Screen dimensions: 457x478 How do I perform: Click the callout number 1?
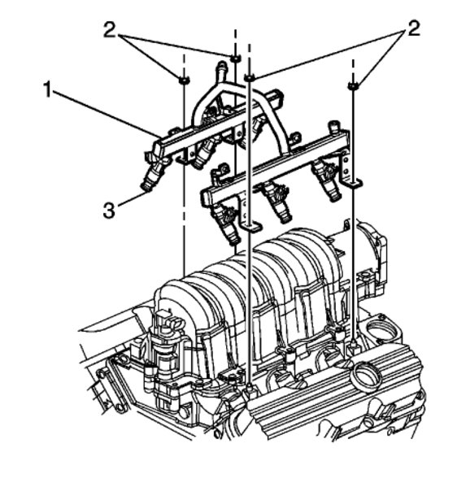[x=47, y=89]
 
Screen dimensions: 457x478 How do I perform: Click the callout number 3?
[x=109, y=211]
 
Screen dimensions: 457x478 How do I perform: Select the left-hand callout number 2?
[x=110, y=29]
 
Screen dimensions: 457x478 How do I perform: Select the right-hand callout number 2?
[x=413, y=28]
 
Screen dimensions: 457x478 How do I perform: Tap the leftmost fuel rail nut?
[x=184, y=80]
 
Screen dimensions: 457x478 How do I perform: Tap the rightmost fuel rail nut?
[x=353, y=86]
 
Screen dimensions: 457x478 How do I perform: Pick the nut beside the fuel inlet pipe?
[x=235, y=58]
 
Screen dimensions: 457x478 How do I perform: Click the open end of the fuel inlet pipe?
[x=222, y=64]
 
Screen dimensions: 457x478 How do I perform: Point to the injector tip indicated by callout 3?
[x=146, y=187]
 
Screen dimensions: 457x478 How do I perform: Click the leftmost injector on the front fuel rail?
[x=228, y=224]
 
